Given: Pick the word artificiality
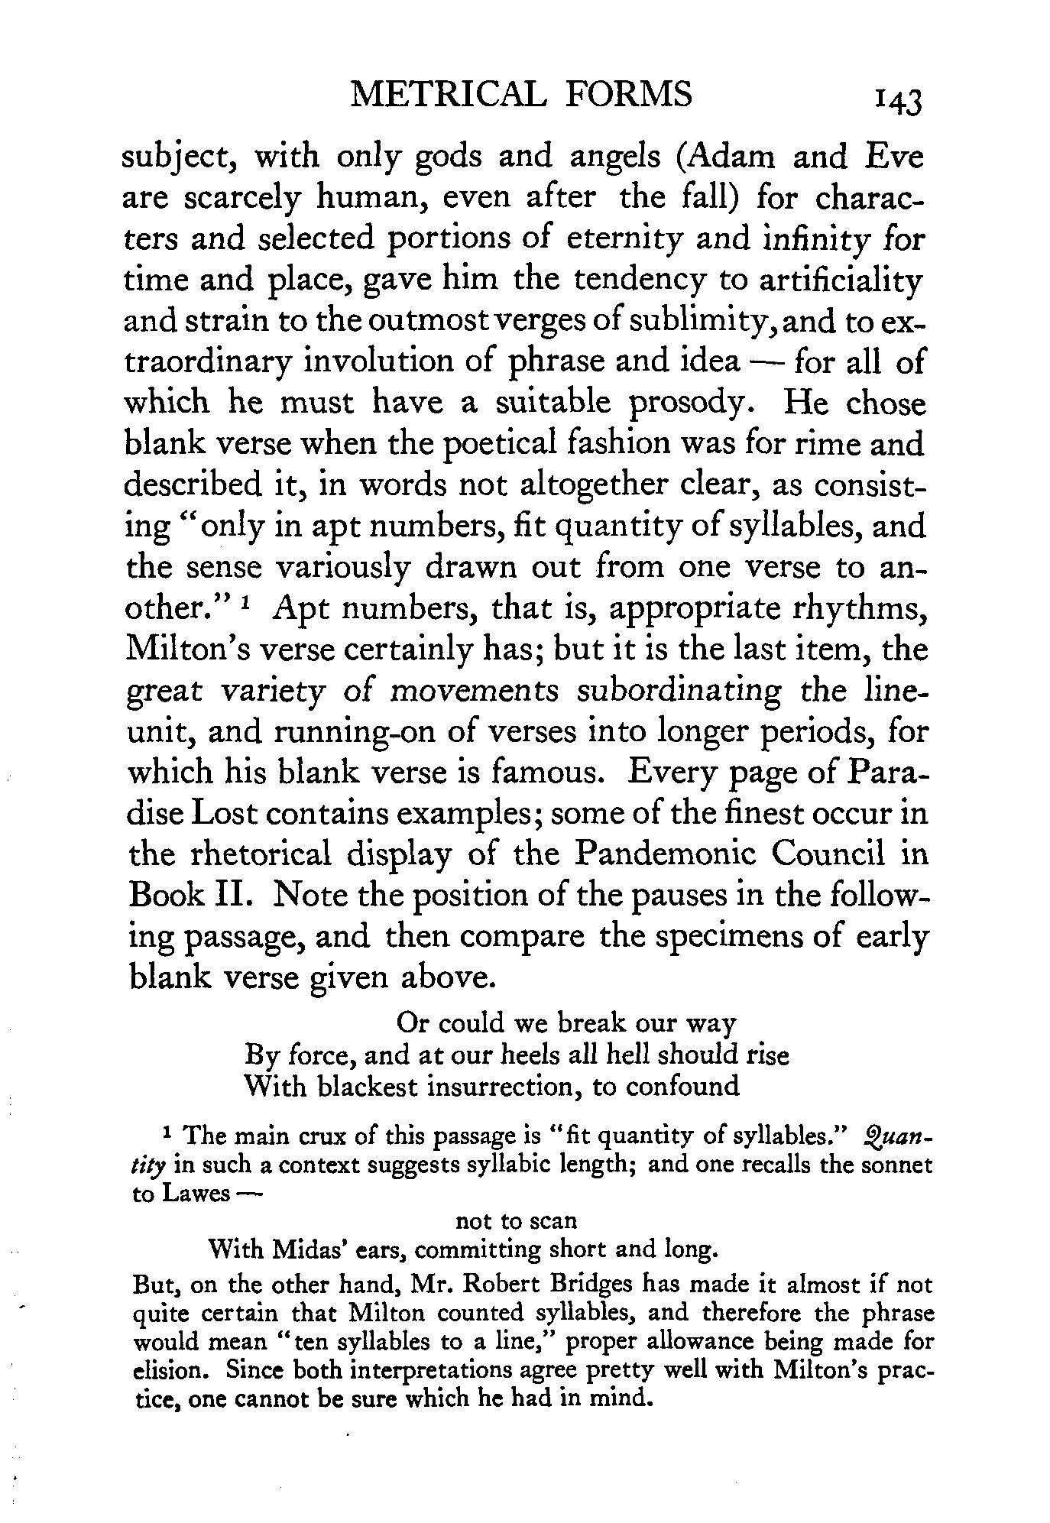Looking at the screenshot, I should point(834,280).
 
